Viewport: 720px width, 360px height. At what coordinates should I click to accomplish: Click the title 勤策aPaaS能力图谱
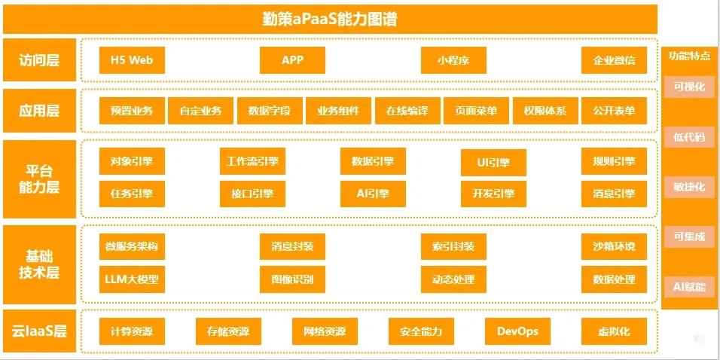tap(330, 19)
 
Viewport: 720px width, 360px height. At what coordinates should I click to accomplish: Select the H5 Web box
tap(132, 60)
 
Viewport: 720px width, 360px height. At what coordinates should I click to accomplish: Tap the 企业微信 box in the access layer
tap(614, 60)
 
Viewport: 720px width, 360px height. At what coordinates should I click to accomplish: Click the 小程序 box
tap(453, 60)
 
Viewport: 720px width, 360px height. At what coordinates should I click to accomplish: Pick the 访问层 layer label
tap(40, 60)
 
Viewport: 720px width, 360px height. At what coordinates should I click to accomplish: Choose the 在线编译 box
tap(407, 111)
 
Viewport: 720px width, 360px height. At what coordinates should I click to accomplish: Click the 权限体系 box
tap(545, 111)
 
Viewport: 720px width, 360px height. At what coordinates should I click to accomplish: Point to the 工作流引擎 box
tap(252, 161)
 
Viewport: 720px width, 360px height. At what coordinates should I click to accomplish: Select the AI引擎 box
tap(373, 194)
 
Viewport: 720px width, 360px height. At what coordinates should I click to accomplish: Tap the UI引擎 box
tap(493, 162)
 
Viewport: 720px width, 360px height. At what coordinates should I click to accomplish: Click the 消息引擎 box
tap(614, 194)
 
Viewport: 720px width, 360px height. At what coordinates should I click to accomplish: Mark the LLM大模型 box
tap(132, 279)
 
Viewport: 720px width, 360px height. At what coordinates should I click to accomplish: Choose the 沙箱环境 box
tap(614, 246)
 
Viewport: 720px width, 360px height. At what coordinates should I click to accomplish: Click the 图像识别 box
tap(292, 279)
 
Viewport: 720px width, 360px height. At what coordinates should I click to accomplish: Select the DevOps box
tap(517, 331)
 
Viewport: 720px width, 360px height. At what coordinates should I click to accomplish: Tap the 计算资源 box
tap(132, 331)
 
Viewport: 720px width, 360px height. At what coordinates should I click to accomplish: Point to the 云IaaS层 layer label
tap(40, 331)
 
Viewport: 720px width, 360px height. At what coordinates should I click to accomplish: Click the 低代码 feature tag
tap(689, 136)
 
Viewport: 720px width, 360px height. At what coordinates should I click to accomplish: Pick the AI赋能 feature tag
tap(689, 286)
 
